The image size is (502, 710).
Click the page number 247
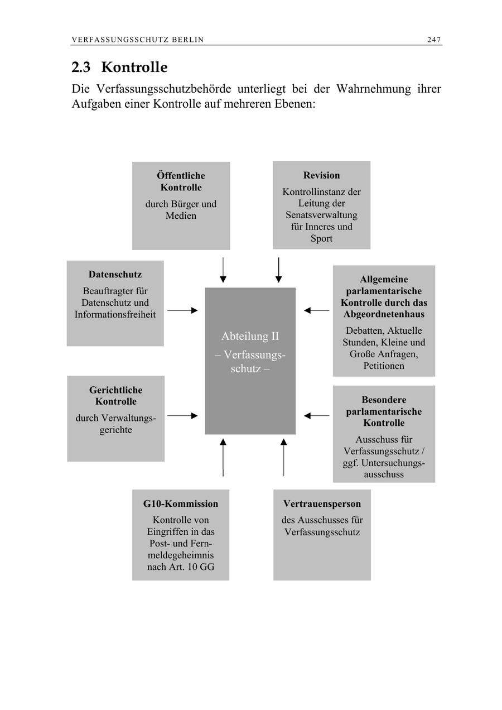pyautogui.click(x=434, y=40)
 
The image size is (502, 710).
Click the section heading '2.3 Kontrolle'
pyautogui.click(x=119, y=68)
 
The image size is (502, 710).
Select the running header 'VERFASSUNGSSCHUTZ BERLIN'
pyautogui.click(x=137, y=40)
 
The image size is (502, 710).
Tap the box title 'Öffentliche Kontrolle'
pyautogui.click(x=181, y=182)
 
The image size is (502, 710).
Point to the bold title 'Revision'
pyautogui.click(x=321, y=175)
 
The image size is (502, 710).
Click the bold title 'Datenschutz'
pyautogui.click(x=115, y=275)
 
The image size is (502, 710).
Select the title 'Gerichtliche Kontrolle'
pyautogui.click(x=115, y=396)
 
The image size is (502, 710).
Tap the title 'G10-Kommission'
pyautogui.click(x=181, y=504)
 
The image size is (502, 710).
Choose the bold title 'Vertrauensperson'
pyautogui.click(x=322, y=504)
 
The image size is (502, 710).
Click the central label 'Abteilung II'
pyautogui.click(x=250, y=337)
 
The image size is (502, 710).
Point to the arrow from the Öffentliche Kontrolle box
pyautogui.click(x=223, y=270)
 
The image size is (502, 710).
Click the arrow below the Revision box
pyautogui.click(x=278, y=270)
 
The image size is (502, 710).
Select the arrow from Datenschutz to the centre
pyautogui.click(x=182, y=310)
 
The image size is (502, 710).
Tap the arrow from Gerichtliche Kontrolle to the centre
pyautogui.click(x=182, y=416)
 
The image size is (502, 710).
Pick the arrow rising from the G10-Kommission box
pyautogui.click(x=223, y=457)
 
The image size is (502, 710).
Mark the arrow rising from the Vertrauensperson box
pyautogui.click(x=283, y=457)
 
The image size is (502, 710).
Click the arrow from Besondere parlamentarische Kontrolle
pyautogui.click(x=317, y=416)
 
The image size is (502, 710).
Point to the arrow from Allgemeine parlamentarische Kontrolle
pyautogui.click(x=317, y=310)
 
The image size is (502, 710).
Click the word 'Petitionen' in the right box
pyautogui.click(x=384, y=366)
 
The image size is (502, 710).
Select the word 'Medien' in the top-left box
pyautogui.click(x=181, y=216)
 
